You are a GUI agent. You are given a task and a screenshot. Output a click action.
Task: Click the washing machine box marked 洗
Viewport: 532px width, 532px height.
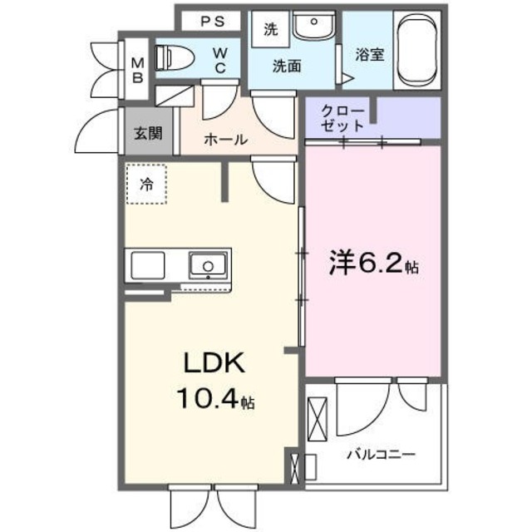click(x=270, y=28)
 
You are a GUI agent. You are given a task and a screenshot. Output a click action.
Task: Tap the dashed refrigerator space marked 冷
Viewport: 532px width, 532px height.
click(x=147, y=185)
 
